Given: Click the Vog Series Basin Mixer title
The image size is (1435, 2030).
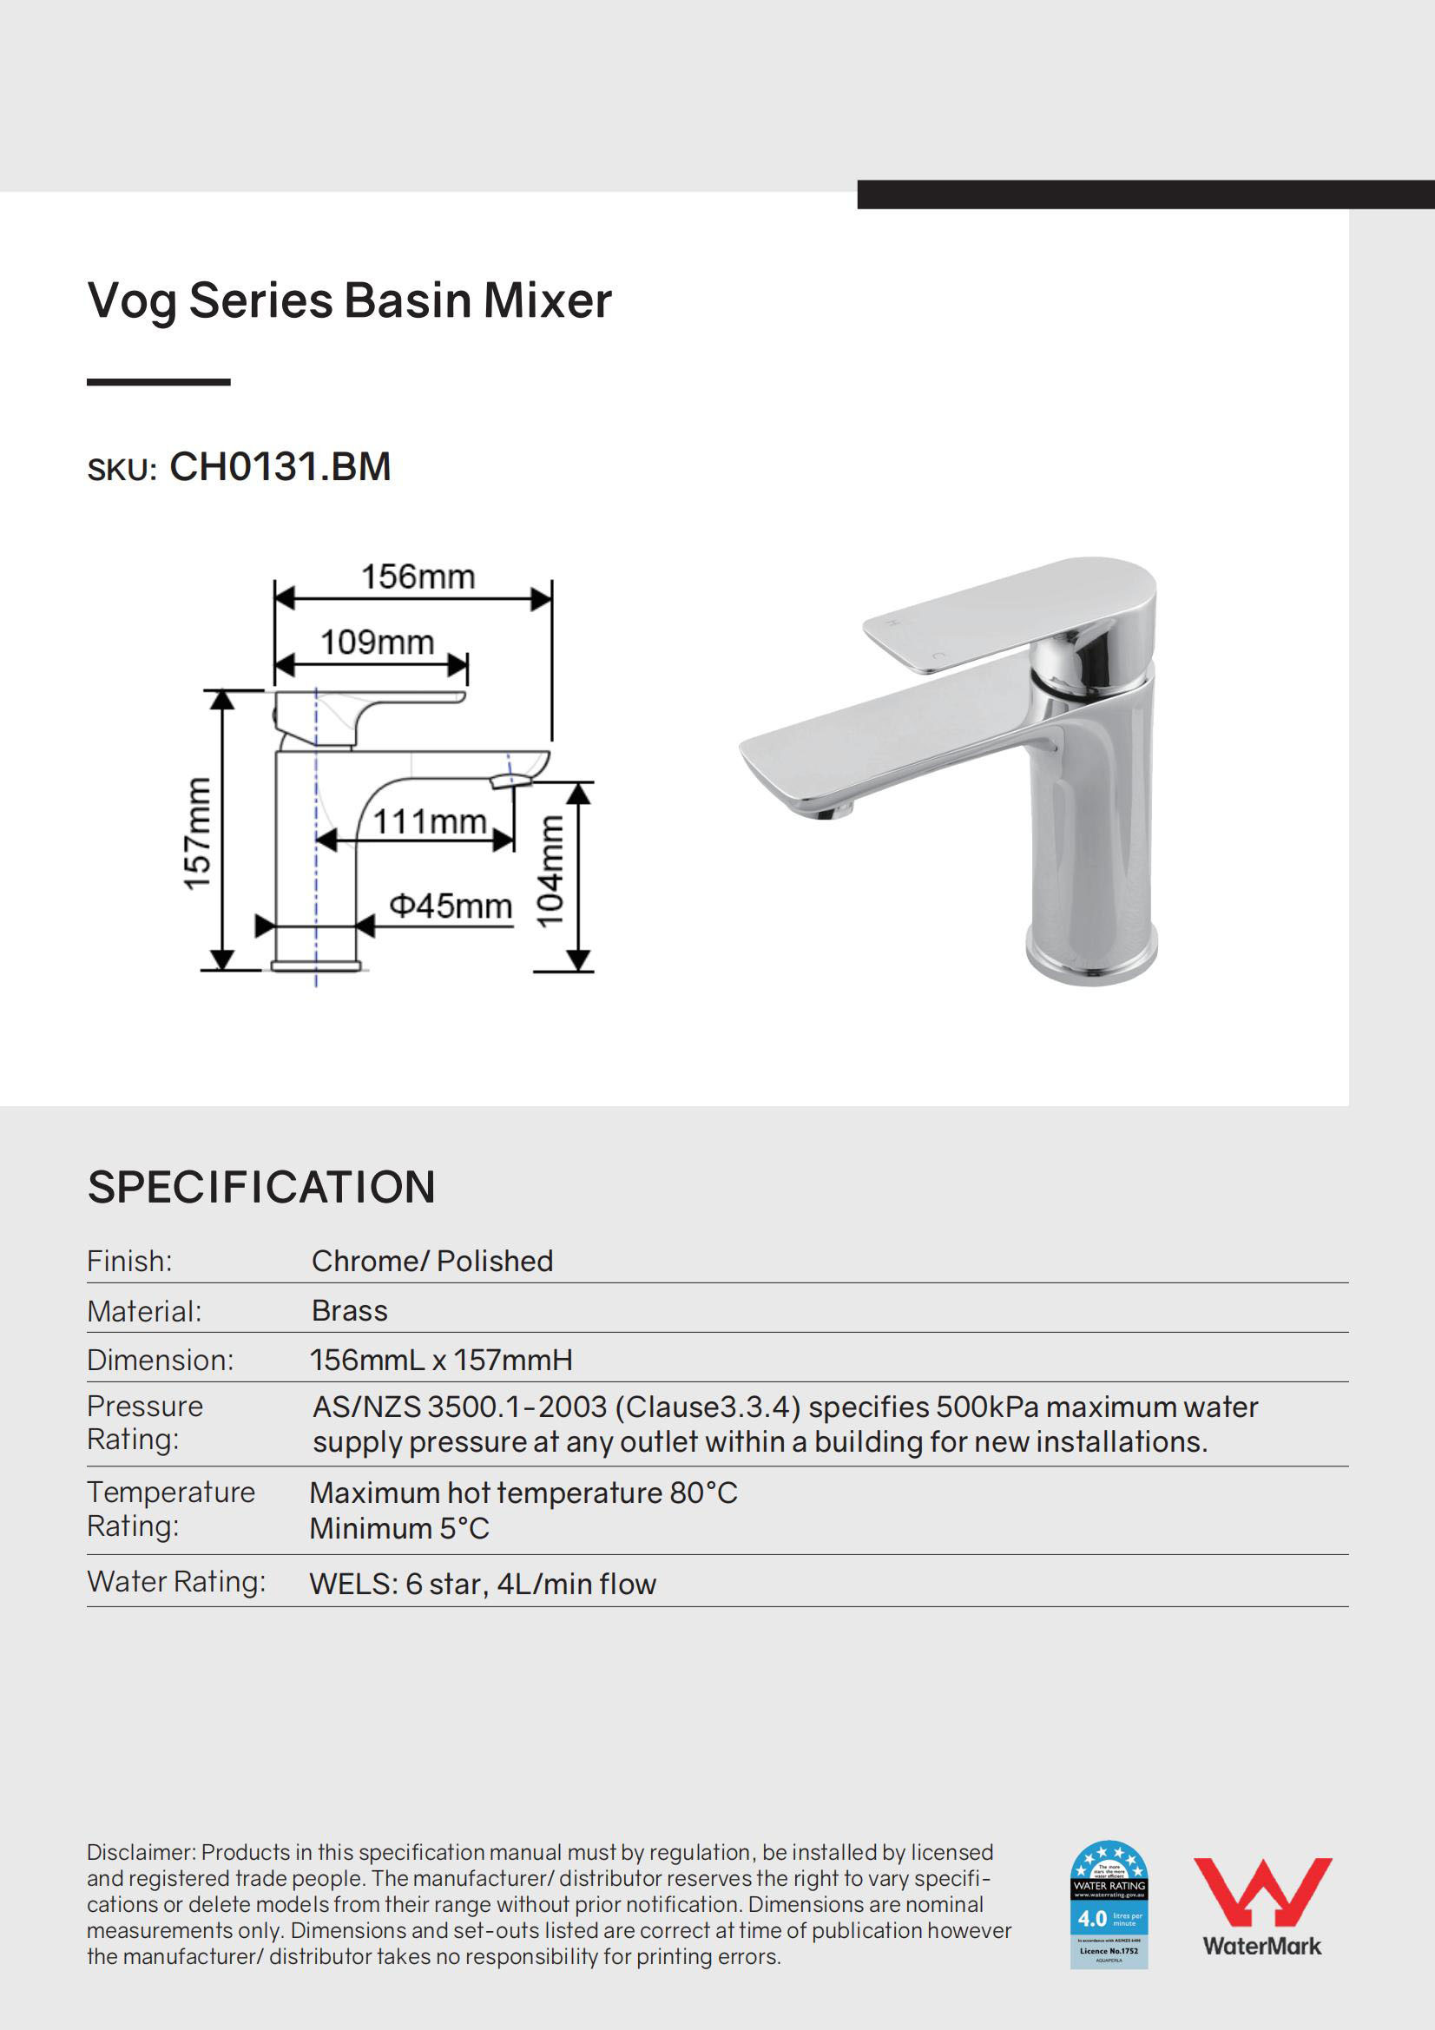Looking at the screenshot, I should pos(349,300).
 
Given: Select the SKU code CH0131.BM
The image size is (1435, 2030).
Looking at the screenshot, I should pos(280,467).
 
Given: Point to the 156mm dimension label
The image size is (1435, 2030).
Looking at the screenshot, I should pos(418,577).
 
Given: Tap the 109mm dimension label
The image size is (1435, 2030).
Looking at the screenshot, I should pos(377,642).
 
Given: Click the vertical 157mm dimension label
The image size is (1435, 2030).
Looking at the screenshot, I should pos(197,834).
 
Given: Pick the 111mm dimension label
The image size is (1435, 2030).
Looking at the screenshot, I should pos(430,821).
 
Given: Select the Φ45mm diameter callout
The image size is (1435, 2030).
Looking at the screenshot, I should pos(451,906).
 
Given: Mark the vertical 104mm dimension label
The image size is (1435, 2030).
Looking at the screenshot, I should pos(550,871).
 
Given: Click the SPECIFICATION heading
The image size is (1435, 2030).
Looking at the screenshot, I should pos(260,1187).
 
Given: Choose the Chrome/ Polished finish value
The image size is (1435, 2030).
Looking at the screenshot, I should pos(431,1261).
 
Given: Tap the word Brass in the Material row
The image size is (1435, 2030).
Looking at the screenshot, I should pos(349,1310).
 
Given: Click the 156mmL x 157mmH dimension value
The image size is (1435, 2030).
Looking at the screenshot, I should pos(440,1360).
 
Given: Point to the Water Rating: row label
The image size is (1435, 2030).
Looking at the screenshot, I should pos(176,1582).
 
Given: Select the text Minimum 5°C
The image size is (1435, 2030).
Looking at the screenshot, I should pos(398,1529).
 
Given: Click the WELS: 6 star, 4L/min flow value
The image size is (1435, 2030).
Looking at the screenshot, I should pos(483,1585).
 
